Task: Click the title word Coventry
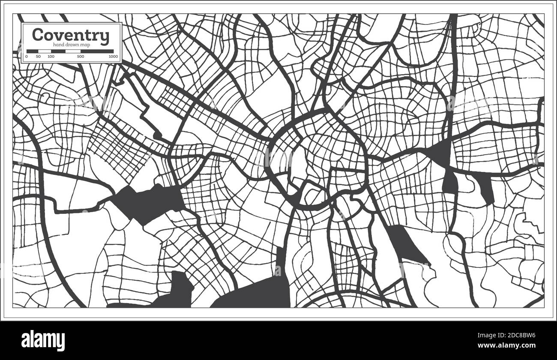point(71,35)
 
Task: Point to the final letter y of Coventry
point(105,37)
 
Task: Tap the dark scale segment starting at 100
point(58,51)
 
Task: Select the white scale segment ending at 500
point(73,51)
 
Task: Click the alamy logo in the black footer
point(43,341)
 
